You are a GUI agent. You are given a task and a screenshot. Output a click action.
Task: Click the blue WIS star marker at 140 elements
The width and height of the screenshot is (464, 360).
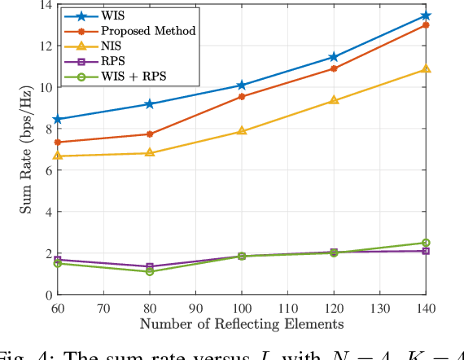coord(426,15)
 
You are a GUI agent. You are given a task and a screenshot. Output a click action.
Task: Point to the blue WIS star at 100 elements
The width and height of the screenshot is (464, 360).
coord(241,86)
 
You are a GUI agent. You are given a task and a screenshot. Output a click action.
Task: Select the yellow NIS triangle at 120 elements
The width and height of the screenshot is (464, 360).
coord(333,100)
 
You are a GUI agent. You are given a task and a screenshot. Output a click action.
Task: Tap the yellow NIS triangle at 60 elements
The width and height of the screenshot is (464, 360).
coord(57,156)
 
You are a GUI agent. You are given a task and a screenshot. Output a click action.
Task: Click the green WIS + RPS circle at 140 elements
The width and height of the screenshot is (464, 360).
coord(426,243)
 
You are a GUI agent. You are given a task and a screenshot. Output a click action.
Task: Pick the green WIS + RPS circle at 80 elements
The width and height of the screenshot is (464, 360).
coord(149,271)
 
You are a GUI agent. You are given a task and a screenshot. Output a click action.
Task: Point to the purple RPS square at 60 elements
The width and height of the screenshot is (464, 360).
coord(57,260)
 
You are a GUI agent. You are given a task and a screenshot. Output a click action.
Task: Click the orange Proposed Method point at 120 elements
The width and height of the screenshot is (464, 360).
coord(333,68)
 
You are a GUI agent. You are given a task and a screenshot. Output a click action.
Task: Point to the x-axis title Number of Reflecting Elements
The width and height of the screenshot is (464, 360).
coord(241,324)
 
